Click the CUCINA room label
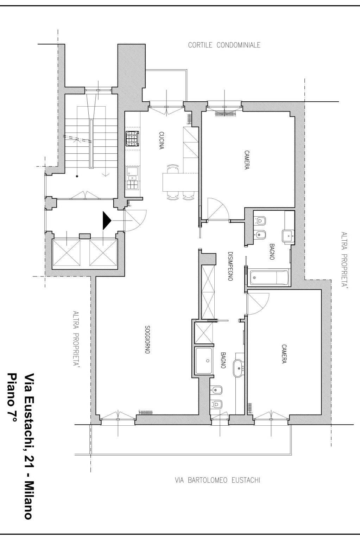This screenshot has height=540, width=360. (x=162, y=140)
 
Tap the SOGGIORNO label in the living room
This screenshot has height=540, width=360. (x=147, y=339)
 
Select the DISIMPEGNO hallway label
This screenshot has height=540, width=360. (x=230, y=266)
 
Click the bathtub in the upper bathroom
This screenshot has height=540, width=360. (x=269, y=277)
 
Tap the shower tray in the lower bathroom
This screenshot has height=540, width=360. (x=204, y=361)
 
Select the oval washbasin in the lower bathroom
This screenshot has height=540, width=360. (x=239, y=368)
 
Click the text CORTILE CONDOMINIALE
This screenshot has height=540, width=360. (x=224, y=45)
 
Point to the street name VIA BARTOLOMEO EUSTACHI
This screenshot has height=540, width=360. (x=217, y=480)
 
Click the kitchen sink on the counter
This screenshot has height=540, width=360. (x=132, y=173)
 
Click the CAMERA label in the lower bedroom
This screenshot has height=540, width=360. (x=284, y=354)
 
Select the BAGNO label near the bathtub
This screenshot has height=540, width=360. (x=272, y=252)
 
